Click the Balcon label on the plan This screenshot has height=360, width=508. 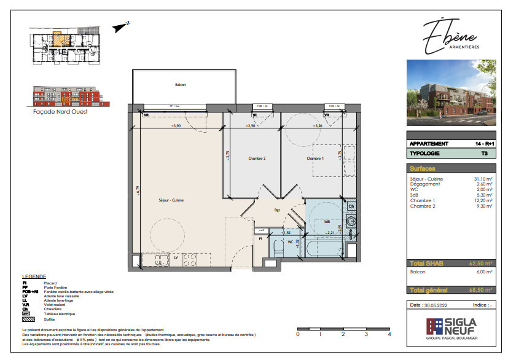[180, 85]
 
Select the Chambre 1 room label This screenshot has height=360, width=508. [315, 158]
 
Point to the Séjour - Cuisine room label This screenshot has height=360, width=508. [171, 200]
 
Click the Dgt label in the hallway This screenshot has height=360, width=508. [277, 210]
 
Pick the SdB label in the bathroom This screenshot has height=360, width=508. [327, 222]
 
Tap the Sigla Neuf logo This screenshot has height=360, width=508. [452, 326]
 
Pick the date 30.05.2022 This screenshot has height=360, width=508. [437, 305]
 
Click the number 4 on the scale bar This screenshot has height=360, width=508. [389, 335]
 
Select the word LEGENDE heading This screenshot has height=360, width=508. [34, 277]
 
